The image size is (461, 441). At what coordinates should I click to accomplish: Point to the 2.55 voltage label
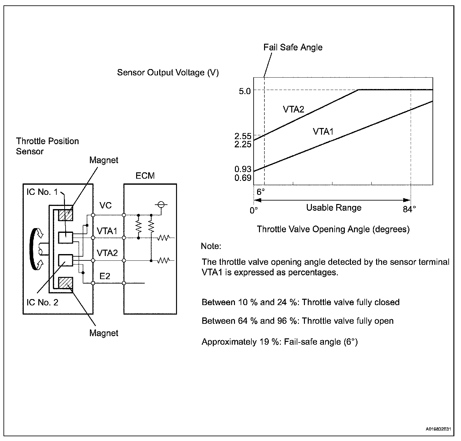point(243,136)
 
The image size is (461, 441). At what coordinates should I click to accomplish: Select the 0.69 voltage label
point(243,178)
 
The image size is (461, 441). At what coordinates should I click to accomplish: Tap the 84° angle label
point(409,209)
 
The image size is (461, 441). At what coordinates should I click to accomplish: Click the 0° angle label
point(254,210)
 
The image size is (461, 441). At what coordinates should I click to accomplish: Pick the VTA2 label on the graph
point(293,110)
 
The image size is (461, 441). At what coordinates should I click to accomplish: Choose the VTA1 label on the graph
point(323,131)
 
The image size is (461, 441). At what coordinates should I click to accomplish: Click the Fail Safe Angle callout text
point(293,48)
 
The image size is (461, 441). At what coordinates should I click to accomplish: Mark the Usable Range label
point(334,208)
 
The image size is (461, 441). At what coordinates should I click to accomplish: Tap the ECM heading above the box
point(145,176)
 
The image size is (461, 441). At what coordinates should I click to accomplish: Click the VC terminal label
point(105,206)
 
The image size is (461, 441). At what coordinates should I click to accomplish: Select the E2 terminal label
point(105,276)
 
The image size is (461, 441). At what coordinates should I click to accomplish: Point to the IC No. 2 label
point(42,302)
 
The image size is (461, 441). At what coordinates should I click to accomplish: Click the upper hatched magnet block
point(66,215)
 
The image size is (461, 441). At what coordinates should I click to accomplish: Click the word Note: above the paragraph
point(211,246)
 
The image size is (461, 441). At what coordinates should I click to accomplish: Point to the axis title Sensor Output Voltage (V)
point(168,73)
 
